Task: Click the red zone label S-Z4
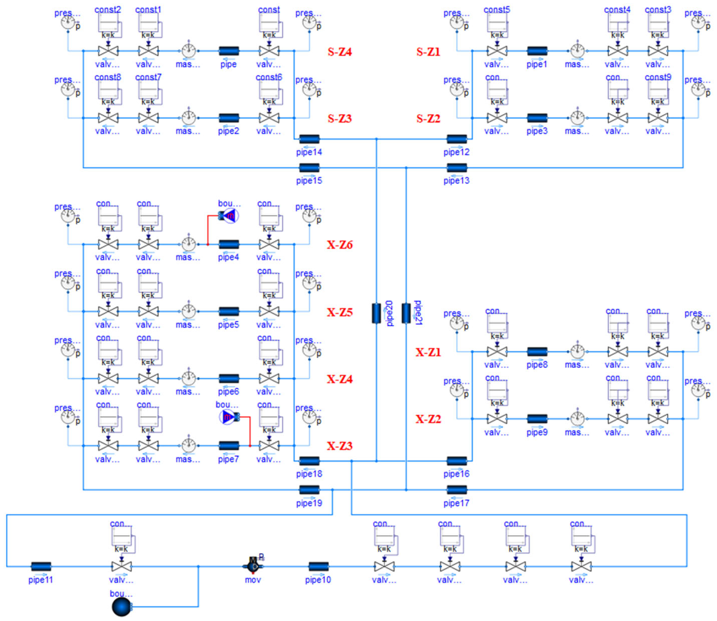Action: (340, 52)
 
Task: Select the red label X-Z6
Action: (340, 245)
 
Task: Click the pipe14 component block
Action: (309, 139)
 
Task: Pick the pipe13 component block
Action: (457, 168)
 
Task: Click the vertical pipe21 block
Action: (406, 313)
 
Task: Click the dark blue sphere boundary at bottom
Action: (122, 607)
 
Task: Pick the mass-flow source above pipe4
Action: (229, 216)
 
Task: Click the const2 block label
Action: (108, 10)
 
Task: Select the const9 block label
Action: (658, 77)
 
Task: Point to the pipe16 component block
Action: (457, 461)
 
